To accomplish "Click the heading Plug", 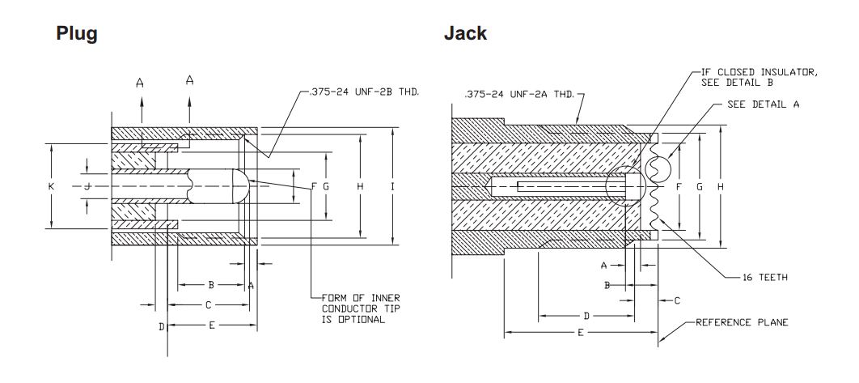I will tap(77, 34).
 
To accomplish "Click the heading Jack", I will tap(465, 34).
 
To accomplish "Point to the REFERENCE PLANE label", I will tap(742, 322).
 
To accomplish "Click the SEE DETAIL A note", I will tap(764, 105).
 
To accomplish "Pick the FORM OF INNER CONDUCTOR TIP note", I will tap(361, 309).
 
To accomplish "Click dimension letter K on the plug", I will tap(51, 186).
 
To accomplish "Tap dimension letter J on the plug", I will tap(87, 186).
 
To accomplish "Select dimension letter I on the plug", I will tap(392, 186).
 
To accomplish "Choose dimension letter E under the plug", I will tap(211, 325).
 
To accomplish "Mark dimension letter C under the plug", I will tap(208, 304).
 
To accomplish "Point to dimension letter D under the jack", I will tap(586, 315).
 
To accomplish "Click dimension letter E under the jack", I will tap(580, 333).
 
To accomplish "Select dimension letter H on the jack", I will tap(719, 186).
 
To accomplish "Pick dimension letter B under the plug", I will tap(211, 284).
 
